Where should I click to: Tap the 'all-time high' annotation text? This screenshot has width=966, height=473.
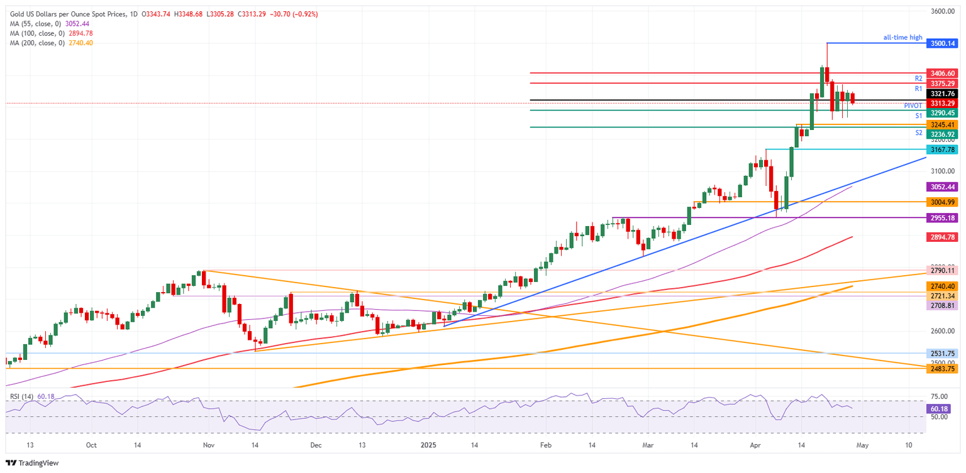pyautogui.click(x=902, y=38)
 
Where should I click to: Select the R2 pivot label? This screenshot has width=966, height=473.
pyautogui.click(x=918, y=79)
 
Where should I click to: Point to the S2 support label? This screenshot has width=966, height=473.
pyautogui.click(x=918, y=133)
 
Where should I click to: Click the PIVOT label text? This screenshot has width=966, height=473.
pyautogui.click(x=913, y=106)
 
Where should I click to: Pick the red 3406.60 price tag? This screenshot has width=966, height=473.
pyautogui.click(x=943, y=73)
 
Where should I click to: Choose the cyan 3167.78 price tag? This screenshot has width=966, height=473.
pyautogui.click(x=943, y=150)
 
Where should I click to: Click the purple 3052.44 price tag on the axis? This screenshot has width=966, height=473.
pyautogui.click(x=943, y=187)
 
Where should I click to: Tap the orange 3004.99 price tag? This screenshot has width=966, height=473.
pyautogui.click(x=943, y=202)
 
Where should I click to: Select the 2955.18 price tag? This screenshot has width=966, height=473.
pyautogui.click(x=943, y=218)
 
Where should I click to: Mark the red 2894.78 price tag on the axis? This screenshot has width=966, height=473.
pyautogui.click(x=943, y=237)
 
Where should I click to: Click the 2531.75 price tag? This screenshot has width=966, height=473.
pyautogui.click(x=943, y=354)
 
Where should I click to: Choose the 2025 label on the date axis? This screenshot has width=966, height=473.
pyautogui.click(x=428, y=445)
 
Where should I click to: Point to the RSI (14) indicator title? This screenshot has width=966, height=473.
pyautogui.click(x=23, y=396)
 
